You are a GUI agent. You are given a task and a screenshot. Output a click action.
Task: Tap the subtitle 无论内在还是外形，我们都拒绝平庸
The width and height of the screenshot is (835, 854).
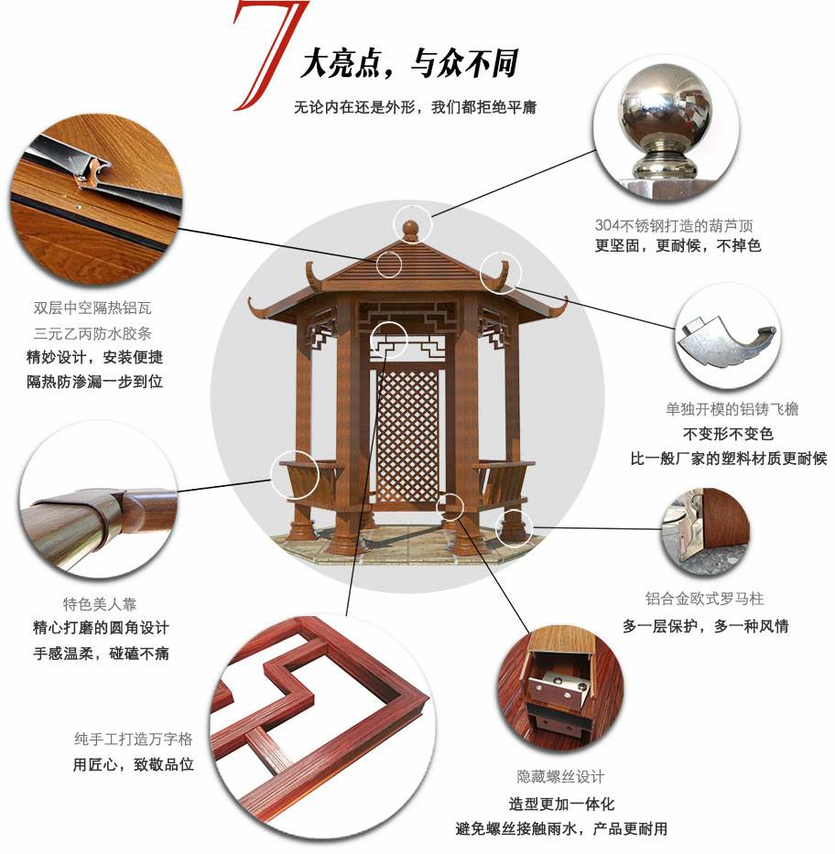tap(415, 107)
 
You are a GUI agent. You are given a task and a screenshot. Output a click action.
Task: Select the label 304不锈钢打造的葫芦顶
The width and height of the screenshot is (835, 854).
tap(674, 225)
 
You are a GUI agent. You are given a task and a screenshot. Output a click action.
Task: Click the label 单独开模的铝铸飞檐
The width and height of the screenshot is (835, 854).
tap(732, 409)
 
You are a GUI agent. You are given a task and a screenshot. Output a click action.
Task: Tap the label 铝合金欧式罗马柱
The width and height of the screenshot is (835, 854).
tap(704, 599)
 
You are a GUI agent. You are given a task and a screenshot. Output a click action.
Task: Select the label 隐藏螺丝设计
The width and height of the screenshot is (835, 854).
tap(560, 776)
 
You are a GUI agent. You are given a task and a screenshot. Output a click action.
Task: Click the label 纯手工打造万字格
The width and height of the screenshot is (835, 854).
tap(134, 739)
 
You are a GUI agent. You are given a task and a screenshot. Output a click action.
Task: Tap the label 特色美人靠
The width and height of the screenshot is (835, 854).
tap(100, 603)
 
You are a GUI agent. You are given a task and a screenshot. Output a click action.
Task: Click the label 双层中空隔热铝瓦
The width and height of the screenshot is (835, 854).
tap(92, 308)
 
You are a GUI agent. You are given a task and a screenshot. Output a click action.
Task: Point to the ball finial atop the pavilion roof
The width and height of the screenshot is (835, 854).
tap(410, 230)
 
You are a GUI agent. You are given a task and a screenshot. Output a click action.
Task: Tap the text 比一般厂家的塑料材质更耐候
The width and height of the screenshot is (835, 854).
tap(729, 459)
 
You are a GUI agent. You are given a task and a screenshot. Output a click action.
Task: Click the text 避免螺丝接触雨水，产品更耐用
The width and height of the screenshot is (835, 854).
tap(561, 829)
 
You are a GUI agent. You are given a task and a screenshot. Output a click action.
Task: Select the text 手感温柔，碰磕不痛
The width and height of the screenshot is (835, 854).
tap(102, 653)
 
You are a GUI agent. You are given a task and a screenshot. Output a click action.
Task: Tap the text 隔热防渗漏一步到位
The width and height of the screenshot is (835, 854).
tap(95, 382)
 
